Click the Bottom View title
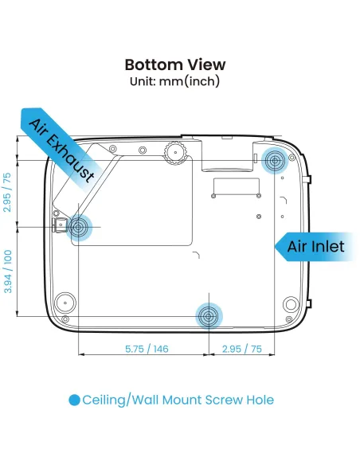[x=175, y=64]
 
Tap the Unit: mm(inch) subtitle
[x=175, y=81]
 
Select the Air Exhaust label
[x=62, y=150]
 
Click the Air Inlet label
[x=316, y=247]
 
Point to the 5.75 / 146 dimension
[x=147, y=349]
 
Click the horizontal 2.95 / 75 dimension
[x=242, y=349]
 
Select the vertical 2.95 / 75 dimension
[x=7, y=192]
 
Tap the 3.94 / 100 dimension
[x=8, y=272]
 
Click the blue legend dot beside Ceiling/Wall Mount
[x=74, y=400]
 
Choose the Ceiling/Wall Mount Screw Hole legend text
[x=178, y=400]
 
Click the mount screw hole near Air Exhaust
[x=79, y=227]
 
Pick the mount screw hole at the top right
[x=275, y=160]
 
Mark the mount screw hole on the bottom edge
[x=209, y=316]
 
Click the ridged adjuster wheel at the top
[x=176, y=152]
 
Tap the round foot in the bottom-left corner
[x=65, y=303]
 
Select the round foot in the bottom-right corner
[x=291, y=304]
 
